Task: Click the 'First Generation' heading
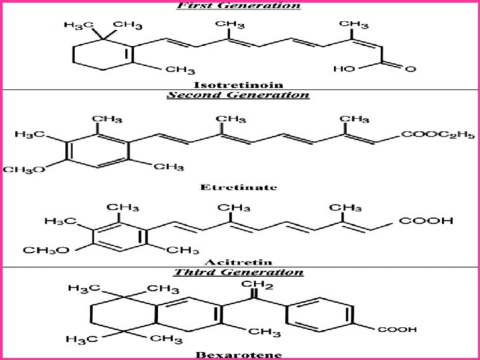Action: [x=238, y=5]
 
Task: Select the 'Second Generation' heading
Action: [x=238, y=95]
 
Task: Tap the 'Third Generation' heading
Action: [x=238, y=272]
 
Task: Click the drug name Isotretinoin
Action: [x=238, y=85]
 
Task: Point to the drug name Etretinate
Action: [x=238, y=187]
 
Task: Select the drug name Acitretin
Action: [x=238, y=261]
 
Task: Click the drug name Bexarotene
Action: [x=238, y=354]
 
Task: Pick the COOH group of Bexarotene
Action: [x=397, y=329]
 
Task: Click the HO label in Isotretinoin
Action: [x=344, y=69]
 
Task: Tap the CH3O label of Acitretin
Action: [x=45, y=250]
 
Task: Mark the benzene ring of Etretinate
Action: [x=96, y=149]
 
